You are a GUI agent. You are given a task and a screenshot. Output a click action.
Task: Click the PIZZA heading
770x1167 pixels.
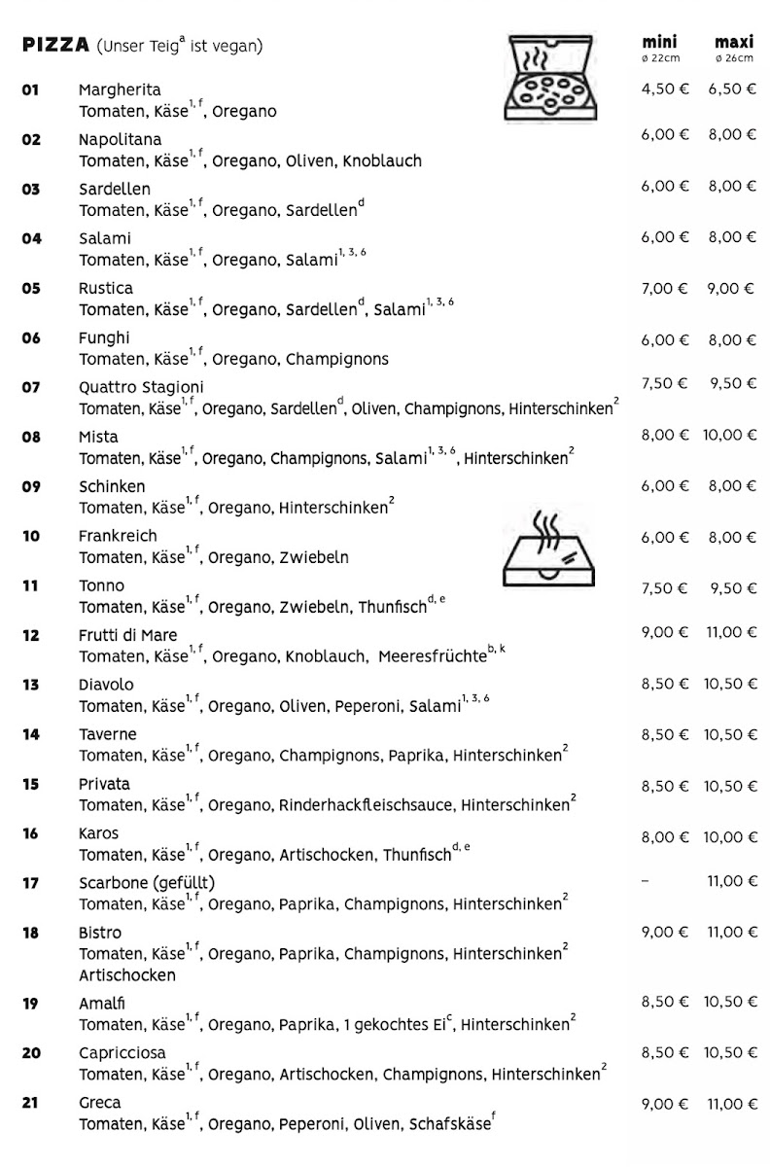(x=54, y=46)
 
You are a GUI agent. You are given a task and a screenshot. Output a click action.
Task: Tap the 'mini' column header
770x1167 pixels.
(x=659, y=42)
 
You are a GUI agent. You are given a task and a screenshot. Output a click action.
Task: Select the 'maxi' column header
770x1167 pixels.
(x=734, y=42)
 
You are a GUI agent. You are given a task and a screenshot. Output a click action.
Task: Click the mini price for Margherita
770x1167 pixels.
(x=664, y=88)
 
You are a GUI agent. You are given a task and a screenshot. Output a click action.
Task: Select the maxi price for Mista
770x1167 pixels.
(x=730, y=435)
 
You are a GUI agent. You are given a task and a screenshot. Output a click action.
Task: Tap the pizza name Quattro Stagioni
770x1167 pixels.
(x=141, y=387)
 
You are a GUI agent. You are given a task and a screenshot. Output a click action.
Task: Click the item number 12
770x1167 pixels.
(x=31, y=635)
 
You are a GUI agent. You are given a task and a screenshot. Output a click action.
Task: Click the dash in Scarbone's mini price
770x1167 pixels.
(x=646, y=881)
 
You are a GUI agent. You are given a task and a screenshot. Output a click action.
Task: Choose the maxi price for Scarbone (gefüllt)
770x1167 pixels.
(x=732, y=881)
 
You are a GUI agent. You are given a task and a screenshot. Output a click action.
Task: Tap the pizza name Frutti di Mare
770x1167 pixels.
(x=128, y=635)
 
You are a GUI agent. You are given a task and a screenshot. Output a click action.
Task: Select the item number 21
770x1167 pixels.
(x=31, y=1103)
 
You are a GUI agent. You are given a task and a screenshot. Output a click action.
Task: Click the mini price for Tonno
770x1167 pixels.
(x=664, y=588)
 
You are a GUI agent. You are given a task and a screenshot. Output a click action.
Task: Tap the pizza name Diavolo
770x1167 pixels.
(x=106, y=685)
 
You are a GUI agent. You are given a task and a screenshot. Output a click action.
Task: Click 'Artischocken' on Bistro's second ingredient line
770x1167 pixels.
(x=127, y=975)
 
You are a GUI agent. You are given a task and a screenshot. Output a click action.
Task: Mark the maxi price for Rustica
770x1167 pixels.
(x=732, y=289)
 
